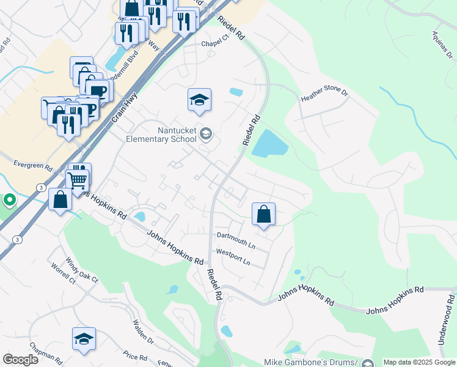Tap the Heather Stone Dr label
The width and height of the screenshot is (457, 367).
pos(324,96)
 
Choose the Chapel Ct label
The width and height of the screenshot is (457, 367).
pos(215,40)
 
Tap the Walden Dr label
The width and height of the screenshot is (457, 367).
pos(144,333)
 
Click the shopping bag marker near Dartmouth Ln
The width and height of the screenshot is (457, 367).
pos(263,215)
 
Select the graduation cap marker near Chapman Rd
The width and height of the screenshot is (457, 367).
pos(84,338)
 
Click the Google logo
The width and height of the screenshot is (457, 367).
pos(20,360)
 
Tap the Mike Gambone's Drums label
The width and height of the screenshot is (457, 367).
pos(310,362)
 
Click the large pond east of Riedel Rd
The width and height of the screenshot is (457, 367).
pos(269,144)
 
